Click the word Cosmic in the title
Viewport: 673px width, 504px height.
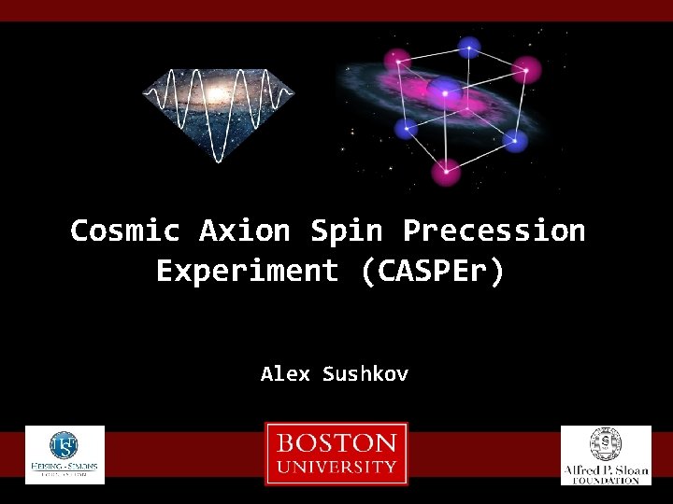[128, 231]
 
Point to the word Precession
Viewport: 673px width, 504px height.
[494, 231]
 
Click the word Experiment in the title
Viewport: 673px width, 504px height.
[247, 272]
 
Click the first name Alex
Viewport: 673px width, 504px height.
[285, 374]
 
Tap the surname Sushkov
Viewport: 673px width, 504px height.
[365, 374]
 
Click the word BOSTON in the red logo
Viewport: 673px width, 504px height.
[336, 442]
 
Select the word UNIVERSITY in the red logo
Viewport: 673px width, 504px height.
[336, 467]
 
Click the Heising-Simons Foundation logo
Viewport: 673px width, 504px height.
[64, 455]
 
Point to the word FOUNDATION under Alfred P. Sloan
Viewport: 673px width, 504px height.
[606, 480]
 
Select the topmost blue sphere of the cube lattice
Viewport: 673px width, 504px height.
[467, 47]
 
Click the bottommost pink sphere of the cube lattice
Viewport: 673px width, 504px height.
[447, 171]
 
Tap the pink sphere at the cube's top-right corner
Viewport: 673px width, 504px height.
[529, 69]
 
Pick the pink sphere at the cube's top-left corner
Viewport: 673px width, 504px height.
[398, 59]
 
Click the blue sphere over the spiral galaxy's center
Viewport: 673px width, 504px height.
[445, 90]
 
